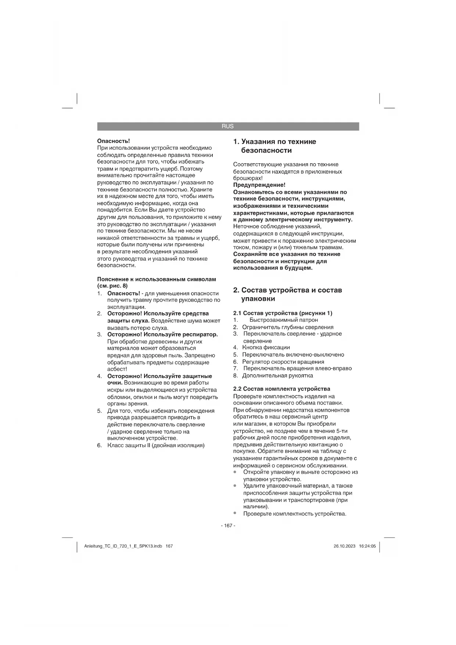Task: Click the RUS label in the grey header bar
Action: (227, 126)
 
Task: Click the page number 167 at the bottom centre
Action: (228, 525)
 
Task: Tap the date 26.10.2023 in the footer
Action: (344, 546)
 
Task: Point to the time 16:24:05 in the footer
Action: (367, 546)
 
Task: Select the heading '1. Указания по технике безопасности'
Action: (275, 146)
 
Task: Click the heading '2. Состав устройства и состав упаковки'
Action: (288, 294)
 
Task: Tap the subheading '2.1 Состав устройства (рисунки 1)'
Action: (283, 313)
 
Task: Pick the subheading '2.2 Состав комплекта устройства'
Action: (281, 389)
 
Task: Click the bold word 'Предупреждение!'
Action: (259, 185)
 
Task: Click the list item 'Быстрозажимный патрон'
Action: (283, 320)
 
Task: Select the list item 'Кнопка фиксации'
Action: (266, 348)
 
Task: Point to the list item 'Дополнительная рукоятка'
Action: (277, 375)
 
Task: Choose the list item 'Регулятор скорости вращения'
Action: (283, 362)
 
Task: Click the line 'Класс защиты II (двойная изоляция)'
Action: (156, 445)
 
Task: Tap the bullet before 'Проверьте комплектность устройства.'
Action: (235, 513)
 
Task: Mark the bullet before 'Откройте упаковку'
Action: (235, 472)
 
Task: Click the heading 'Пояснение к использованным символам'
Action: (157, 279)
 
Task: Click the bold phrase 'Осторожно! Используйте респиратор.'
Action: (162, 334)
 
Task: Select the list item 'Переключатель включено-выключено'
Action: (293, 355)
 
